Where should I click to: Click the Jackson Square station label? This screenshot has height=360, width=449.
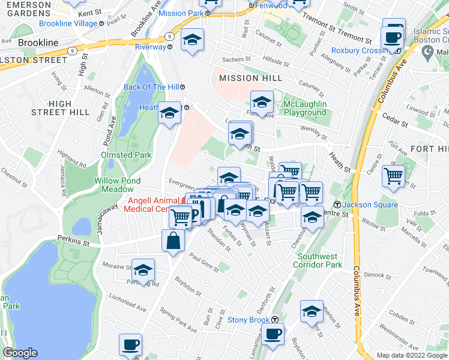coord(371,205)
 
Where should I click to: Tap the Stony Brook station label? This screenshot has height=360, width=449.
coord(255,320)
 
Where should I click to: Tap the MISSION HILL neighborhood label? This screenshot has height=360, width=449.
coord(251,78)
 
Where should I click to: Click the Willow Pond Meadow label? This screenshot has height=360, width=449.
coord(117,184)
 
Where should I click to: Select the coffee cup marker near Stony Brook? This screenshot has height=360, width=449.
coord(273,334)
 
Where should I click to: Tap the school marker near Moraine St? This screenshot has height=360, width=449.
coord(143,269)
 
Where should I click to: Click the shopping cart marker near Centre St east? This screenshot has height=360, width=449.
coord(393,176)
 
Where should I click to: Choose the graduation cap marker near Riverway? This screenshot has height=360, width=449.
coord(192,39)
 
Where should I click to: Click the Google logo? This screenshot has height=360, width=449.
coord(20,353)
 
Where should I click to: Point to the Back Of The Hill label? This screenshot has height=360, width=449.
coord(151,87)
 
